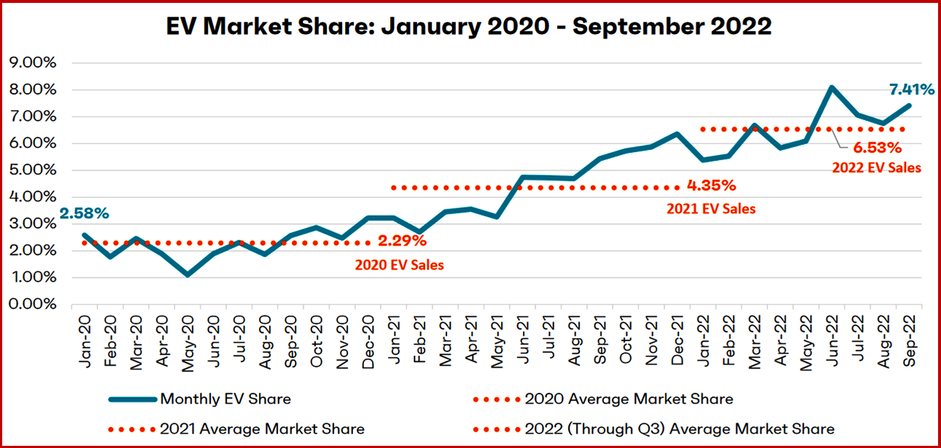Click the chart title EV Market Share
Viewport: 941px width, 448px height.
(470, 26)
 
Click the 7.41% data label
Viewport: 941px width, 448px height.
(910, 90)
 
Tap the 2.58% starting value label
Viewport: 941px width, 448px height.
(85, 213)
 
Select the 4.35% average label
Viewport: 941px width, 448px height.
(711, 184)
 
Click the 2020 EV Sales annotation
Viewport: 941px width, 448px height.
(399, 265)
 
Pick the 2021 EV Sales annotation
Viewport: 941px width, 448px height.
(711, 208)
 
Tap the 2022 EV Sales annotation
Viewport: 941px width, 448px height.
(877, 167)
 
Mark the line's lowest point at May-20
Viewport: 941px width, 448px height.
(187, 275)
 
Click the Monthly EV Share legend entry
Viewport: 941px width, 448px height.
(225, 398)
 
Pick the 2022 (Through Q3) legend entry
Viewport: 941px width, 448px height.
(679, 428)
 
